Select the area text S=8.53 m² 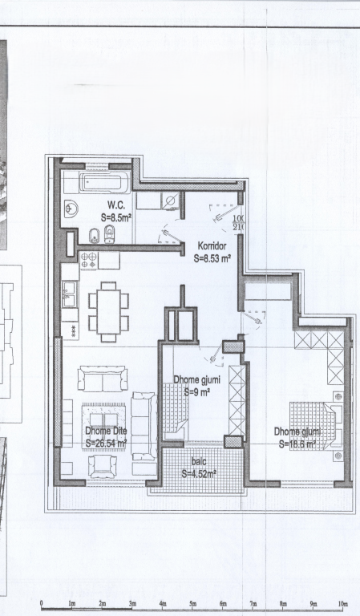pyautogui.click(x=213, y=258)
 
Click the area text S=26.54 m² pyautogui.click(x=107, y=442)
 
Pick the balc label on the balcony pyautogui.click(x=199, y=461)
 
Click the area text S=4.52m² pyautogui.click(x=199, y=473)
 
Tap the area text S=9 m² pyautogui.click(x=196, y=392)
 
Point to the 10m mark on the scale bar pyautogui.click(x=343, y=604)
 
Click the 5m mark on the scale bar pyautogui.click(x=192, y=604)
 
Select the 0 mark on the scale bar pyautogui.click(x=41, y=604)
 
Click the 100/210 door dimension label pyautogui.click(x=238, y=223)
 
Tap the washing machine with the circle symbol pyautogui.click(x=170, y=201)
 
